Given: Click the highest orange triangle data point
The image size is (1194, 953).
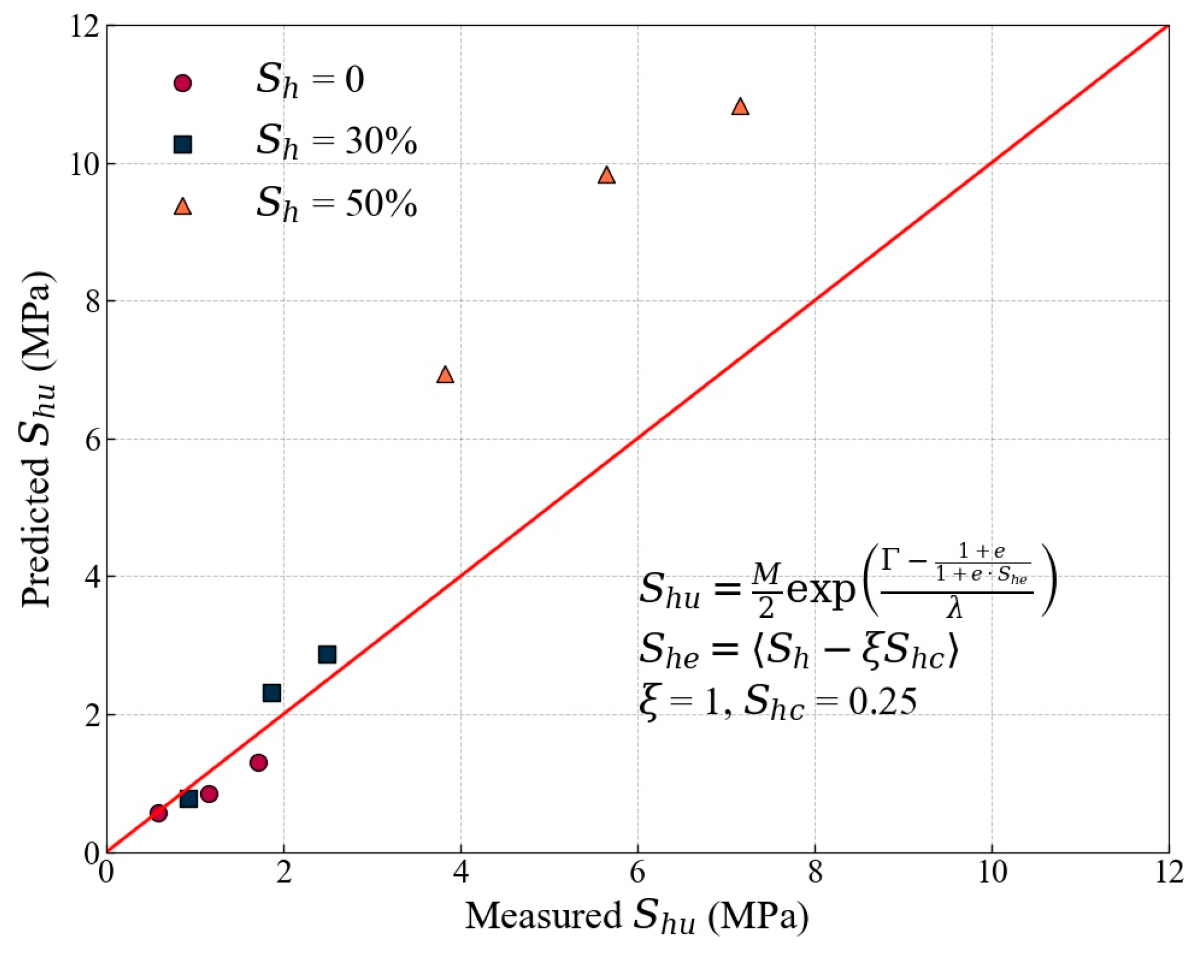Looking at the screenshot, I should click(740, 107).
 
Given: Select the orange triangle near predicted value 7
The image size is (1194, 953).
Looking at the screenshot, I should click(445, 375).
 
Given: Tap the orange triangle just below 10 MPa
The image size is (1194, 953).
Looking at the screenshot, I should click(606, 176).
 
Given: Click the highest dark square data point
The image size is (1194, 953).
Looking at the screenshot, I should click(327, 654).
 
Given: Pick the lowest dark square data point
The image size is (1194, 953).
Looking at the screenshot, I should click(189, 799).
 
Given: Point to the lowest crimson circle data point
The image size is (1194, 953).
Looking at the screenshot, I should click(158, 813).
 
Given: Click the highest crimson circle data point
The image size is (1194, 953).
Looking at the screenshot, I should click(259, 763).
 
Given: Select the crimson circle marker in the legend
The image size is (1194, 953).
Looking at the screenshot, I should click(183, 83).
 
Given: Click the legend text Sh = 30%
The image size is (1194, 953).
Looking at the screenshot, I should click(336, 141).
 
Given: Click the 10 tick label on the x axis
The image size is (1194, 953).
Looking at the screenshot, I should click(991, 873).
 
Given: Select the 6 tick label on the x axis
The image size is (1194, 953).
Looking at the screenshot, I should click(637, 873).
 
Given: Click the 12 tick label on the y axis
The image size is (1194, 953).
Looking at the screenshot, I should click(86, 27).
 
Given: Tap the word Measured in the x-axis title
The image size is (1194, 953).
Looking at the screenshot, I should click(542, 916).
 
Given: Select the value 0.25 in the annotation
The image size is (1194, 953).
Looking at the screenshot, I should click(882, 701).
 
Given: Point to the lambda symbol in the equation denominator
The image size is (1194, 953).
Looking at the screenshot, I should click(954, 607).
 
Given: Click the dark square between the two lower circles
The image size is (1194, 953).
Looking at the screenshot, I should click(189, 799).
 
